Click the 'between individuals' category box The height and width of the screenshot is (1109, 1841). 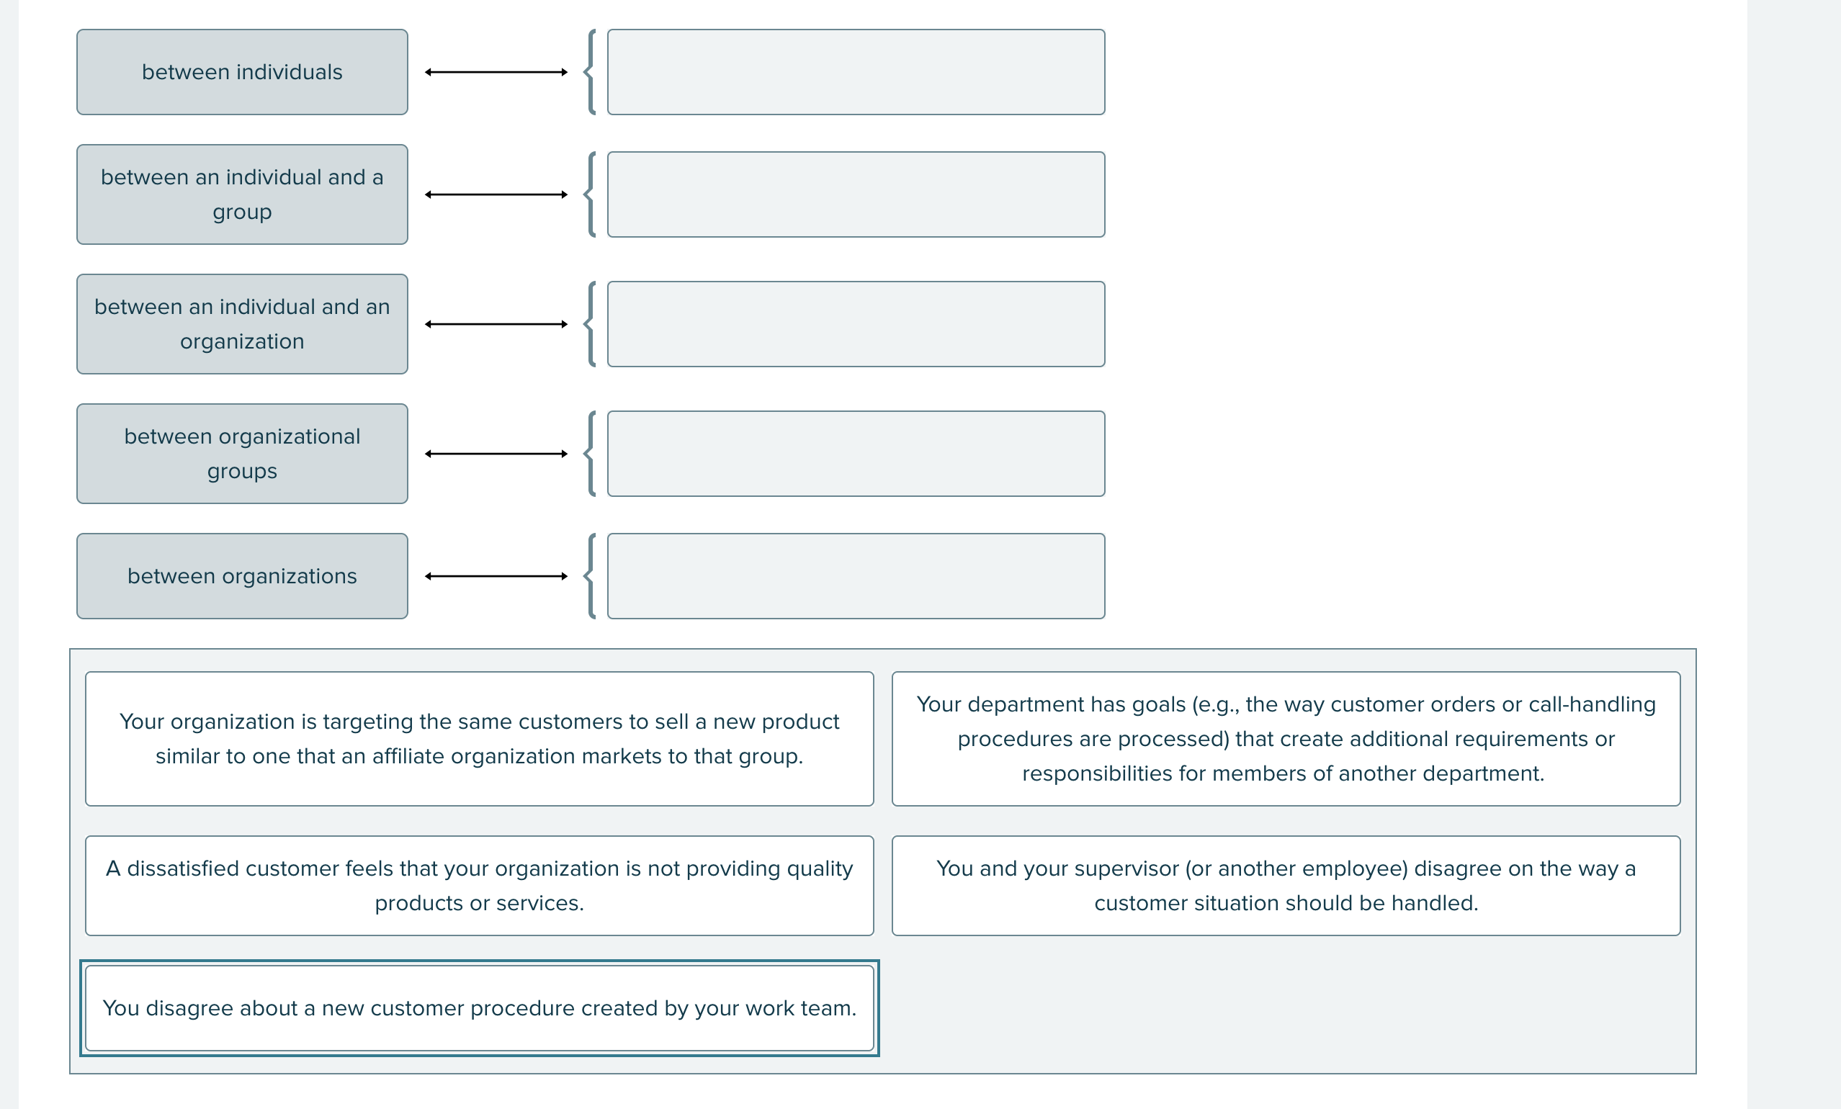tap(242, 73)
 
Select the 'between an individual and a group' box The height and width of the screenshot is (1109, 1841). tap(242, 194)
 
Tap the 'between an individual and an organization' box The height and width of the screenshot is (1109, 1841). tap(242, 324)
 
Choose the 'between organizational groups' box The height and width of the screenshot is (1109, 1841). tap(242, 453)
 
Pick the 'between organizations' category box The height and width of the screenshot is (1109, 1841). tap(242, 576)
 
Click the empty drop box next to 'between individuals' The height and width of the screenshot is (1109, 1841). tap(856, 73)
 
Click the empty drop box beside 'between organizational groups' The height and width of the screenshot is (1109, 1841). tap(856, 453)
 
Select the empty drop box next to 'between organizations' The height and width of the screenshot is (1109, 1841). tap(856, 576)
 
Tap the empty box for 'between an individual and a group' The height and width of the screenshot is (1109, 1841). tap(856, 194)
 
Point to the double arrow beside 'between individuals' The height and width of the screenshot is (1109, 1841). tap(496, 73)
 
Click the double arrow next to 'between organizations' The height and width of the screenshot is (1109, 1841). tap(496, 576)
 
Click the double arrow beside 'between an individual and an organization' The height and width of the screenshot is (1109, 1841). tap(496, 324)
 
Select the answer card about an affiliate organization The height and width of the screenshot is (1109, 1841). tap(479, 739)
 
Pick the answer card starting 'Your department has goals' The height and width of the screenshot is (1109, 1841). tap(1286, 739)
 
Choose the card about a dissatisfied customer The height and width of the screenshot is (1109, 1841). tap(479, 885)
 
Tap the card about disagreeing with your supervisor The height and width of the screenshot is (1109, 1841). tap(1286, 885)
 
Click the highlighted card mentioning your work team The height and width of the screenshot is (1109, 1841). tap(479, 1007)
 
